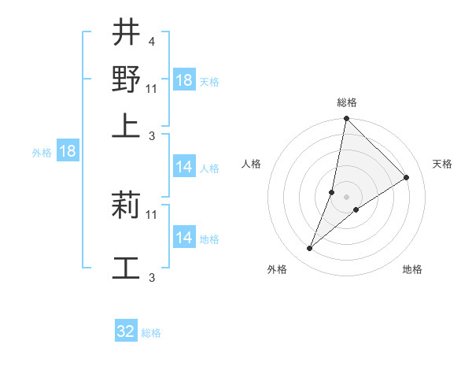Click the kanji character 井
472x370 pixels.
pos(127,34)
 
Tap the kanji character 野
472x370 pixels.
pos(127,80)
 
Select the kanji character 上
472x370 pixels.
pos(127,126)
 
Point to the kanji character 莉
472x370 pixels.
pos(127,205)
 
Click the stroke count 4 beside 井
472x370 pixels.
pos(151,41)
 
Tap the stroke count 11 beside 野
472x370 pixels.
pos(152,87)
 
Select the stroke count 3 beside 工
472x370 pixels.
pos(151,276)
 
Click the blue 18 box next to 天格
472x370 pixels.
pos(184,80)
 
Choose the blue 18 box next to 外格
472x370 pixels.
pos(68,151)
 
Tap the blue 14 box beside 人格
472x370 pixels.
pos(184,167)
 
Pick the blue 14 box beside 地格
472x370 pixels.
pos(184,238)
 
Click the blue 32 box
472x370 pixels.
pos(126,331)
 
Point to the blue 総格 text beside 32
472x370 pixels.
pos(151,333)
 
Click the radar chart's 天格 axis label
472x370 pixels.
pos(442,164)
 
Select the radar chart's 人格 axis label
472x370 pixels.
pos(252,164)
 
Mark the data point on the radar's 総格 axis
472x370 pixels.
pos(346,119)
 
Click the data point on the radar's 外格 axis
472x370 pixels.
pos(310,249)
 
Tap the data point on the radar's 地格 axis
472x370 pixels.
pos(356,209)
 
